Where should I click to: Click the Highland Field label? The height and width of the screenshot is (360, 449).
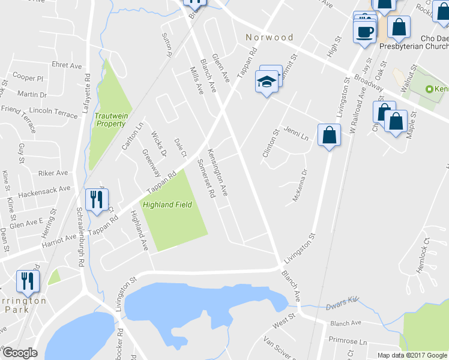tap(167, 205)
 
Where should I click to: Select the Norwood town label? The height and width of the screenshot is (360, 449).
tap(270, 37)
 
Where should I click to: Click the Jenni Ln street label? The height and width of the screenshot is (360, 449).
tap(296, 133)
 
